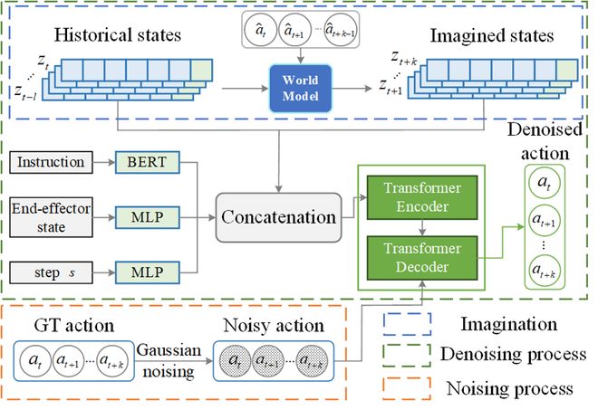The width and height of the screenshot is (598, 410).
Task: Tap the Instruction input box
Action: click(48, 164)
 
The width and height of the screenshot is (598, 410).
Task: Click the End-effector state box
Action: click(48, 215)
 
